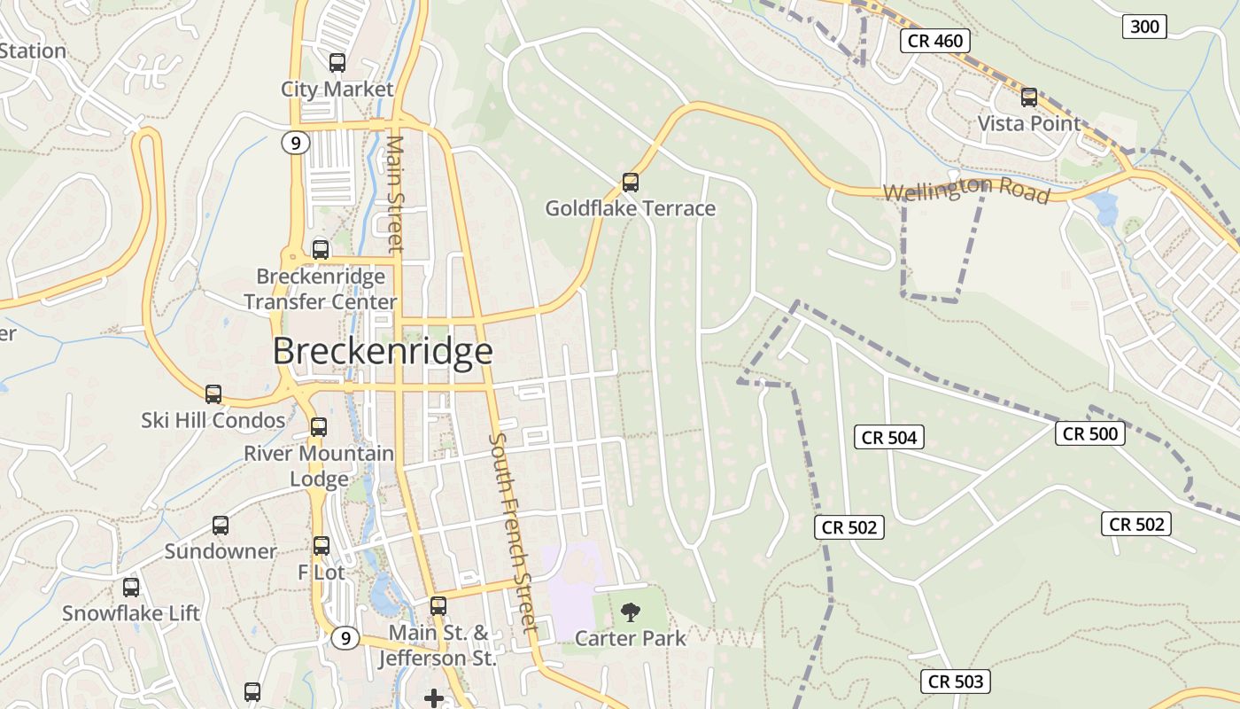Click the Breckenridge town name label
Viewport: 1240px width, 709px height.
[x=382, y=351]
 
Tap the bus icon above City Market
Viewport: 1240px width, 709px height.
[x=337, y=63]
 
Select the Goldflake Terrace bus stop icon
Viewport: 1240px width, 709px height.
[x=630, y=183]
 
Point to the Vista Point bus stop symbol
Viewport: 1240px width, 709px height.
[x=1028, y=97]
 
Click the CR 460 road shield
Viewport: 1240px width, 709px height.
[x=935, y=40]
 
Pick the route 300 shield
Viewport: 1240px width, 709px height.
[x=1144, y=27]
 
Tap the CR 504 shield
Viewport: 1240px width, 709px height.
[x=889, y=437]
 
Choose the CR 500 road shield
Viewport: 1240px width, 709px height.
[x=1090, y=433]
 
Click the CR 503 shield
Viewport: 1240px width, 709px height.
[x=955, y=682]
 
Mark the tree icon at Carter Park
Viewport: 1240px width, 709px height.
[x=631, y=612]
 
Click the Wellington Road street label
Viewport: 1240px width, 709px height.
[x=965, y=191]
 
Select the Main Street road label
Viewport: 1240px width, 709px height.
[x=396, y=192]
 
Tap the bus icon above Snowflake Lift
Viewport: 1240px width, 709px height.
[x=131, y=587]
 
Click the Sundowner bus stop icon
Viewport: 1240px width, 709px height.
[x=221, y=526]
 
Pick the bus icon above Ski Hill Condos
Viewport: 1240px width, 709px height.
[x=213, y=394]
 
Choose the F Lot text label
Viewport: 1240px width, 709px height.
[x=321, y=573]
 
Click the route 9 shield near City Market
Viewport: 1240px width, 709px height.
[x=296, y=142]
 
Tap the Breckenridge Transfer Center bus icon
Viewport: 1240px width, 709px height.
[x=321, y=250]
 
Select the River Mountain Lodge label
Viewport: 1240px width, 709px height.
[x=319, y=466]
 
